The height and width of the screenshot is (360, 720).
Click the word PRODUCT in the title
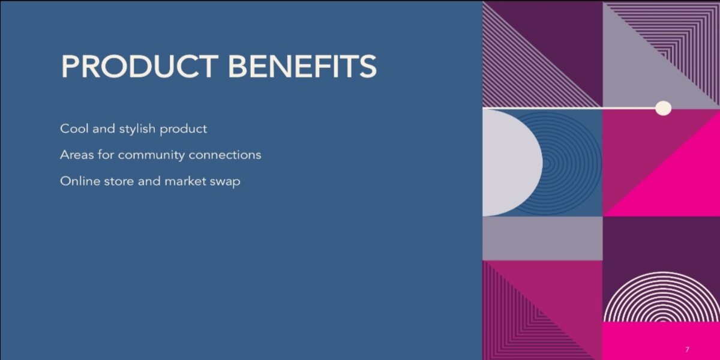coord(140,66)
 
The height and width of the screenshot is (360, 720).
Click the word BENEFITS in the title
coord(302,66)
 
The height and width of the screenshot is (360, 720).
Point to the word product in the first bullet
coord(184,130)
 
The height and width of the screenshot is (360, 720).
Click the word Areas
coord(77,155)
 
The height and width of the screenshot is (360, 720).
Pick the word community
coord(151,156)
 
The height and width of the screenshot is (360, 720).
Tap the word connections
coord(225,155)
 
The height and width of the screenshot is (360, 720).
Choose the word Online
coord(80,181)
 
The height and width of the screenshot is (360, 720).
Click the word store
coord(119,182)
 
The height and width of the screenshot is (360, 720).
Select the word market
coord(185,181)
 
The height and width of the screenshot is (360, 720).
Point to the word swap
coord(225,182)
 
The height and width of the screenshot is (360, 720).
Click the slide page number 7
coord(687,349)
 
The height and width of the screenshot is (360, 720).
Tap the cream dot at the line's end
coord(663,108)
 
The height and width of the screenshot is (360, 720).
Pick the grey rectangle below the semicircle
coord(542,238)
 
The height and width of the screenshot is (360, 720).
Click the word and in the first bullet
coord(103,128)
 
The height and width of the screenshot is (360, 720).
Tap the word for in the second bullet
coord(106,155)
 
